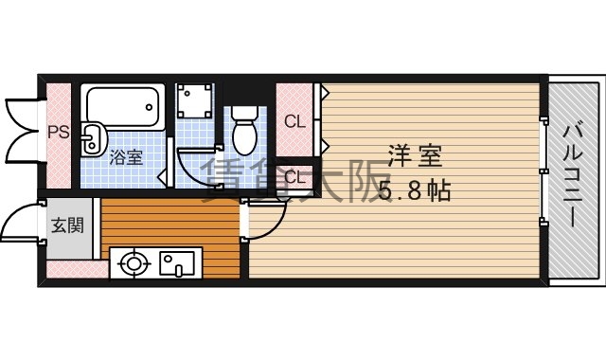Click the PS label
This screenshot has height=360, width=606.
coord(59,133)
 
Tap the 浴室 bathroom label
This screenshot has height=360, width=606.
coord(126,156)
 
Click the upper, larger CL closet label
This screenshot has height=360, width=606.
coord(294,120)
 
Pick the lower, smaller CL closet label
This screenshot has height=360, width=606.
coord(294,176)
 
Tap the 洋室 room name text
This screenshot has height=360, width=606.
coord(415,154)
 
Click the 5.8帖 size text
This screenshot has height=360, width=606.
coord(415,190)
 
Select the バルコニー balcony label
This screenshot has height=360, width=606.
coord(574,175)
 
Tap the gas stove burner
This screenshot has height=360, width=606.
coord(132,261)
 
